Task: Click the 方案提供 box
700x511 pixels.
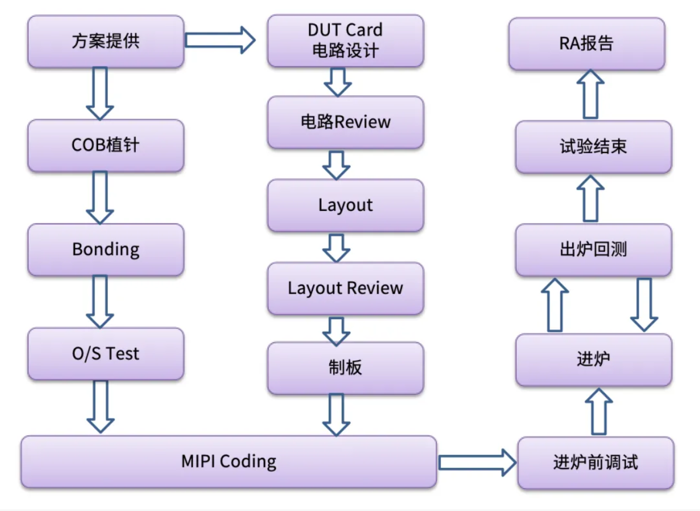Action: tap(106, 42)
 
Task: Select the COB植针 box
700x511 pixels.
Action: tap(106, 146)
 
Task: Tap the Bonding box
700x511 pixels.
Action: tap(106, 250)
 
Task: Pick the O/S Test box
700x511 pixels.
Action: tap(106, 354)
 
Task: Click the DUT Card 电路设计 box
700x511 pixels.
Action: tap(346, 41)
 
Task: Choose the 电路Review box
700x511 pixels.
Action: tap(346, 122)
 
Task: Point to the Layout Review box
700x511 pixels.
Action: tap(346, 288)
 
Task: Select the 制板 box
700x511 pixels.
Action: tap(346, 368)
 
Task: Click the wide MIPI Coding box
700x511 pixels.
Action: tap(229, 462)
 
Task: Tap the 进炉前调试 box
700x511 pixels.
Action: tap(595, 463)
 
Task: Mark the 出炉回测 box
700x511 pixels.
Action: tap(594, 250)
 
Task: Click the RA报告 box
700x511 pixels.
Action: tap(587, 44)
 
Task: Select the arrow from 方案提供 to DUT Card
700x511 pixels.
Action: tap(220, 40)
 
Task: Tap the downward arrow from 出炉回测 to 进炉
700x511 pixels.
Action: tap(644, 304)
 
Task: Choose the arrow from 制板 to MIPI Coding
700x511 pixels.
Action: tap(336, 415)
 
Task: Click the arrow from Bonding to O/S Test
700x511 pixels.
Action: tap(100, 301)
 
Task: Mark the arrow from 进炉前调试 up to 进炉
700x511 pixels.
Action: tap(599, 411)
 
